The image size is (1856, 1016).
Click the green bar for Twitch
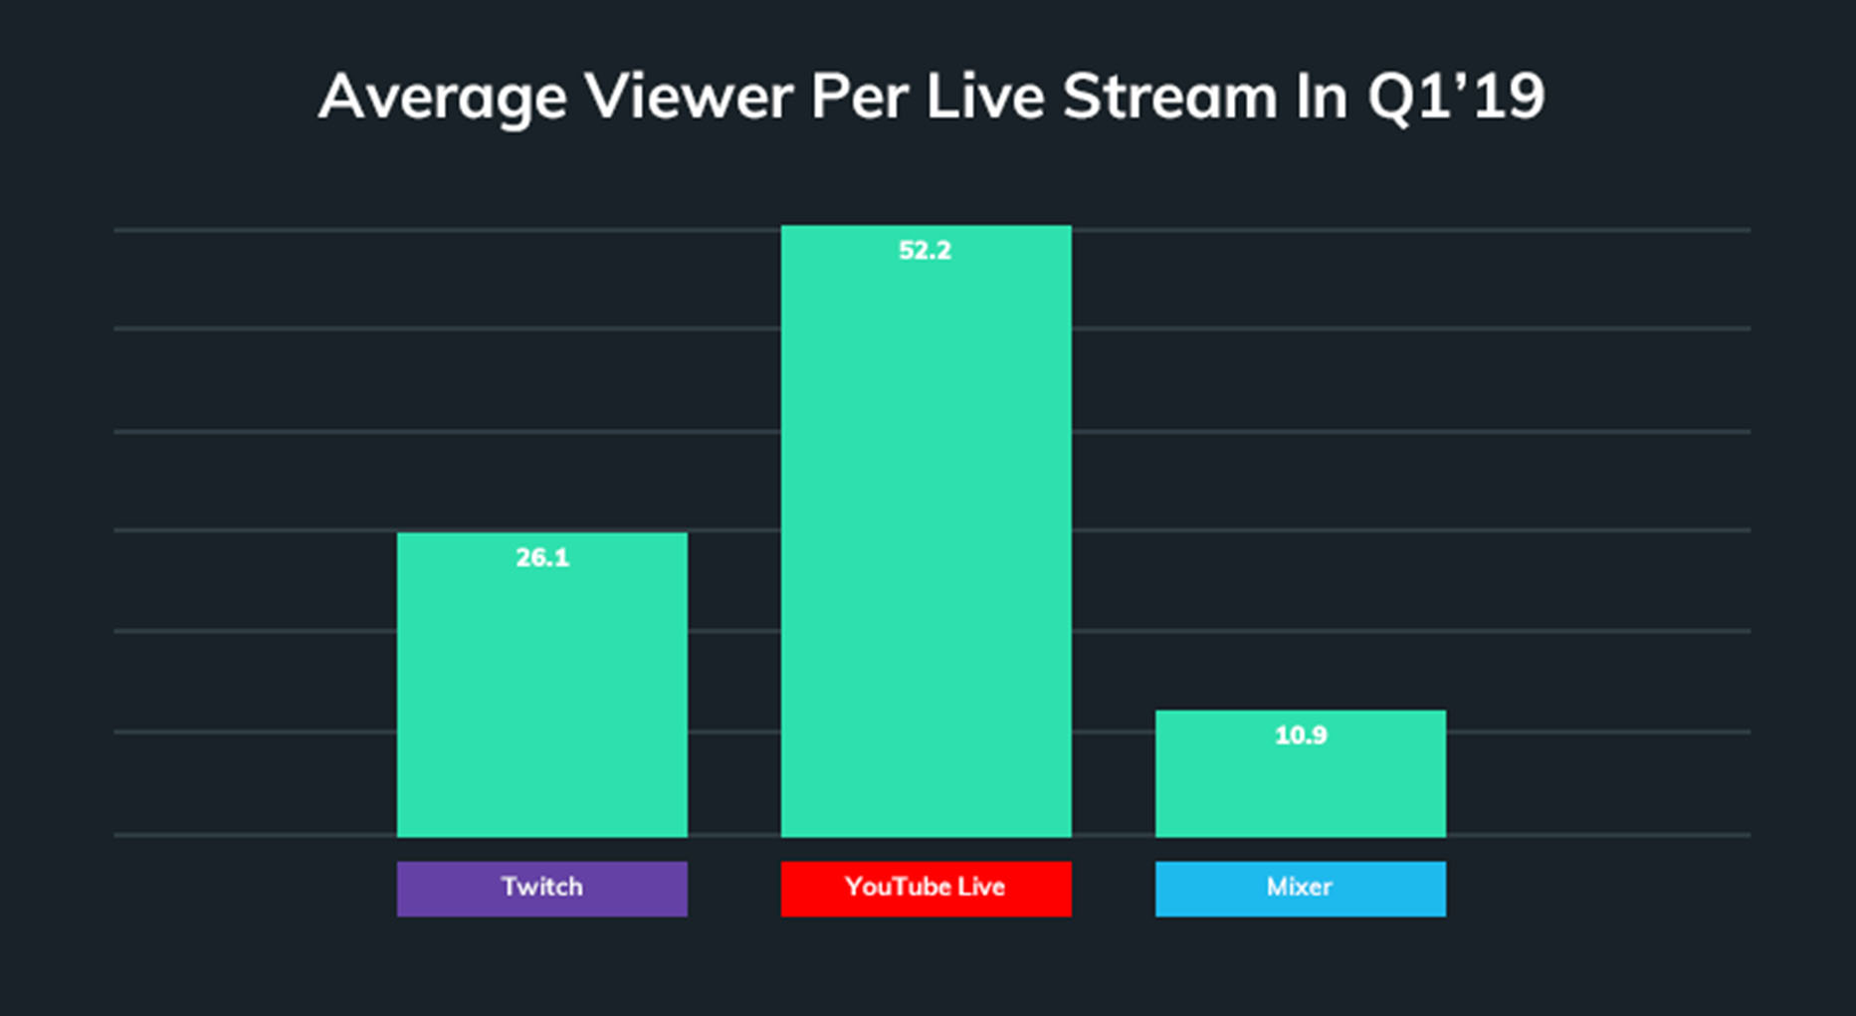tap(541, 697)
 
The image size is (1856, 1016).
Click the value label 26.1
tap(542, 558)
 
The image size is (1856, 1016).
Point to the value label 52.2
tap(926, 251)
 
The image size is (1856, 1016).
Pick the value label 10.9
tap(1301, 735)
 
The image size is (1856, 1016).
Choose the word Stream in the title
tap(1169, 97)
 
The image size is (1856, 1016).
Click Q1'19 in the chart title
tap(1456, 98)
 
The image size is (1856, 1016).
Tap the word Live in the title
tap(984, 97)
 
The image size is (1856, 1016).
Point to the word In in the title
tap(1321, 97)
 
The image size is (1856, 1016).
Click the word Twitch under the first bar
tap(541, 887)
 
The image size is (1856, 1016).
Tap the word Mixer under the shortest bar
tap(1299, 887)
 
